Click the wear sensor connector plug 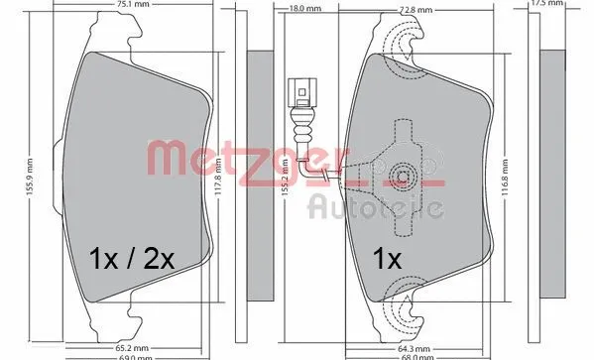point(300,93)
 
